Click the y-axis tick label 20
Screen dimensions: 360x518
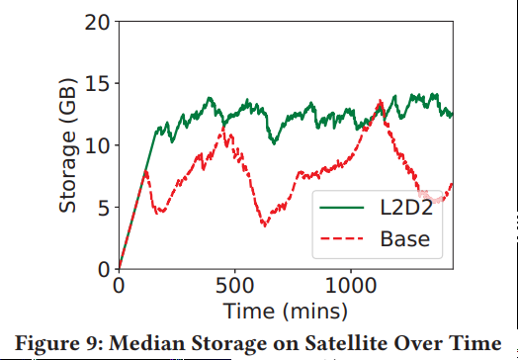[96, 22]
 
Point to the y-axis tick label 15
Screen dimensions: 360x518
[96, 83]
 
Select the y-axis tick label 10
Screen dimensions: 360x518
[96, 145]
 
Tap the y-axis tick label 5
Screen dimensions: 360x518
[102, 207]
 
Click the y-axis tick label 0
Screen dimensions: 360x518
[102, 269]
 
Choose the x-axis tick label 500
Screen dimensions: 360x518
[234, 287]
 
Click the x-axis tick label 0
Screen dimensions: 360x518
[119, 287]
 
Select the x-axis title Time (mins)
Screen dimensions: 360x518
[285, 312]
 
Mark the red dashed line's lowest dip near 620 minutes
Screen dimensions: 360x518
[264, 225]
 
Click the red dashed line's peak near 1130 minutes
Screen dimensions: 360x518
[381, 100]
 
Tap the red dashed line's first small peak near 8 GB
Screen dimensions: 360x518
[146, 171]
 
